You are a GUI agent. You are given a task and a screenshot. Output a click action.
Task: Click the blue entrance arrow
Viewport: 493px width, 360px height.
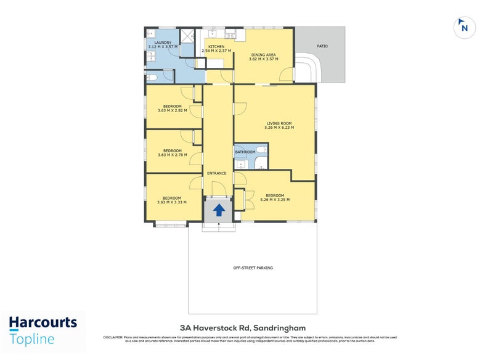click(x=219, y=210)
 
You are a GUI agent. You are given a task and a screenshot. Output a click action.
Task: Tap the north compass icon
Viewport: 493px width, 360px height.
click(x=464, y=27)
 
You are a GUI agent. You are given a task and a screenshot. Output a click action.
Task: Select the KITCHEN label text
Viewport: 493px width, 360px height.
click(x=216, y=47)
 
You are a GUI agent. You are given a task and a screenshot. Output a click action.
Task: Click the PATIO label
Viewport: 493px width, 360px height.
click(x=322, y=46)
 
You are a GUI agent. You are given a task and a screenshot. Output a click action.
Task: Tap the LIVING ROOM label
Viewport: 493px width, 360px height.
click(x=279, y=123)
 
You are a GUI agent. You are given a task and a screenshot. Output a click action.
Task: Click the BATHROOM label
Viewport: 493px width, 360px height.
click(x=245, y=152)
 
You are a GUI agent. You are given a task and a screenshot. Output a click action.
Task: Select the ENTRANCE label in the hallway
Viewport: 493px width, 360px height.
click(x=216, y=173)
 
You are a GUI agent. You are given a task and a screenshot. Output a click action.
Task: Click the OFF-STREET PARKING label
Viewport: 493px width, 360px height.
click(x=253, y=268)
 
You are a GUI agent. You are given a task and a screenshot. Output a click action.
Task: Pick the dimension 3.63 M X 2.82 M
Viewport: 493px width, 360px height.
click(x=172, y=110)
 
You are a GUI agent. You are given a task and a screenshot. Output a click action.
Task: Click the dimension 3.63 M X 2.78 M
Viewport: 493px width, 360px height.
click(x=172, y=155)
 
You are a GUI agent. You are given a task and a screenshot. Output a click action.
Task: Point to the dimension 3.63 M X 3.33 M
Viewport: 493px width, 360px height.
click(x=172, y=202)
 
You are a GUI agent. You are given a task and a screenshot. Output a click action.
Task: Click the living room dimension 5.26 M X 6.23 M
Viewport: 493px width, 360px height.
click(x=279, y=128)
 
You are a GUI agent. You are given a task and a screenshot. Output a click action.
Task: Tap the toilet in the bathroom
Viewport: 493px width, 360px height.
click(x=261, y=163)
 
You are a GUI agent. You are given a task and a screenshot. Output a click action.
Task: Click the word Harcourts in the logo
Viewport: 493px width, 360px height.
click(x=43, y=322)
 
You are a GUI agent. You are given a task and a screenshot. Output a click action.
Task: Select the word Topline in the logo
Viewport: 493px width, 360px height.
click(x=32, y=338)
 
